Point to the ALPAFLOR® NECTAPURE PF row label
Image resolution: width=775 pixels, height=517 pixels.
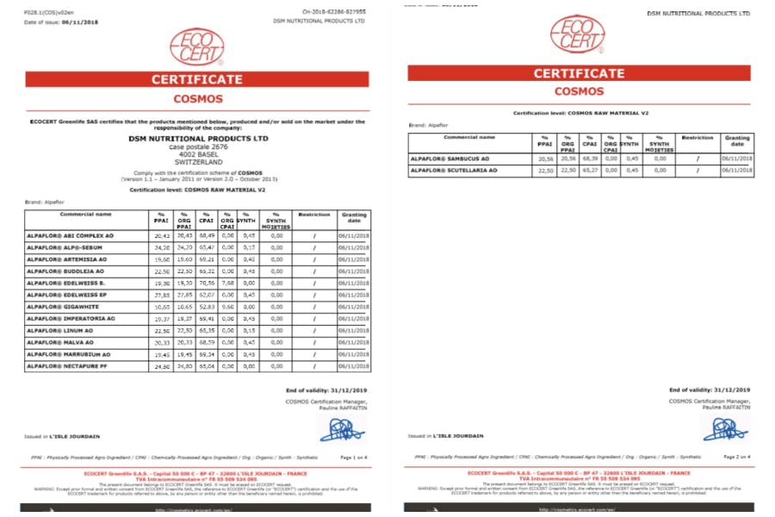click(68, 366)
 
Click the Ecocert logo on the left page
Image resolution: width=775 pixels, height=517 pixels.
click(197, 48)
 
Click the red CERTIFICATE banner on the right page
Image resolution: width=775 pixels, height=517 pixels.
click(580, 73)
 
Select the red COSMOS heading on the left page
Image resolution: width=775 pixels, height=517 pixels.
click(198, 99)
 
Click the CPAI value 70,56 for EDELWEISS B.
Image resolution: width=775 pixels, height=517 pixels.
click(206, 282)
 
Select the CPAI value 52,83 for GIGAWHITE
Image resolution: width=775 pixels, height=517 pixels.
click(206, 306)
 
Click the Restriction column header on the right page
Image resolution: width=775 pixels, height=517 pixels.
click(697, 138)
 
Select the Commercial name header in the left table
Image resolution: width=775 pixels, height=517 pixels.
click(86, 214)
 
